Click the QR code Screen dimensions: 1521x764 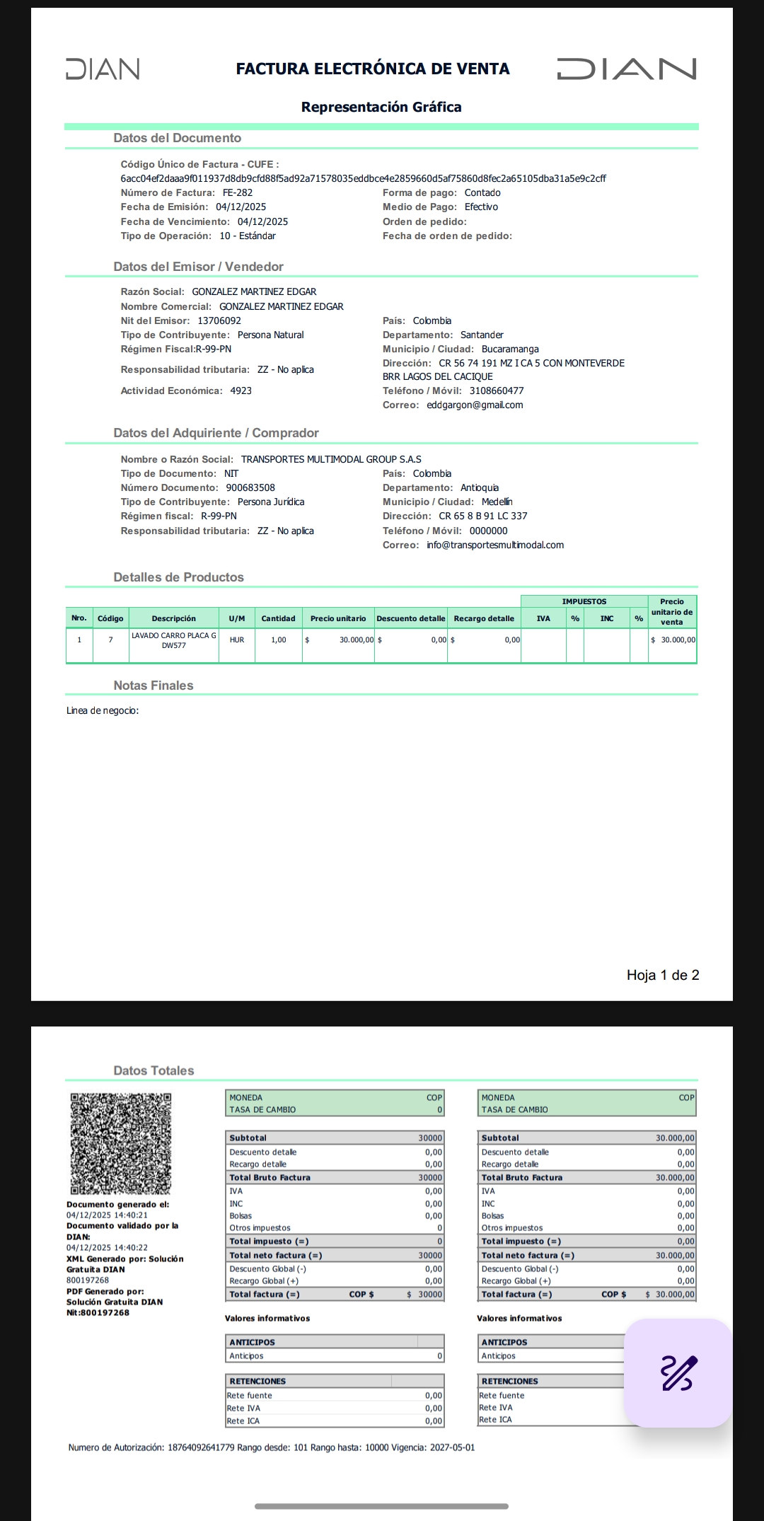[120, 1143]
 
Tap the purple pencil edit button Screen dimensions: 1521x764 [678, 1373]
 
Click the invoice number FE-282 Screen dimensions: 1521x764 [238, 192]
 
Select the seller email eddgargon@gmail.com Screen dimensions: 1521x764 [475, 405]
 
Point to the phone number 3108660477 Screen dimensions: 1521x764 [497, 391]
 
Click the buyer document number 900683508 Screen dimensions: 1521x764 [250, 487]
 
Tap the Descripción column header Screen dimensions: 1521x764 [173, 618]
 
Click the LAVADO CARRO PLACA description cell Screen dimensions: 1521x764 [173, 640]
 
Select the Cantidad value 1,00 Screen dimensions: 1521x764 [279, 640]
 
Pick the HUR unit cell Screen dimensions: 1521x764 [236, 640]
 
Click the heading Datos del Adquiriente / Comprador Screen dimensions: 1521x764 [216, 433]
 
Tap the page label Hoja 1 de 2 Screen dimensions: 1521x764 [663, 975]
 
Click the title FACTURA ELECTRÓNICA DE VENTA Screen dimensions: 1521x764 [373, 69]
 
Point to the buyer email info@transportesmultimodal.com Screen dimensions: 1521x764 [495, 545]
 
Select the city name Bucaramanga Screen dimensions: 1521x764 [510, 349]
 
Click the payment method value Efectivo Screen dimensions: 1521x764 [481, 207]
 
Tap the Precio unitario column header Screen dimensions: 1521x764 [338, 618]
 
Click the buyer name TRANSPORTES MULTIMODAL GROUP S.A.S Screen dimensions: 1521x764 [331, 459]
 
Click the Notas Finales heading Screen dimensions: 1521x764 [154, 686]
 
